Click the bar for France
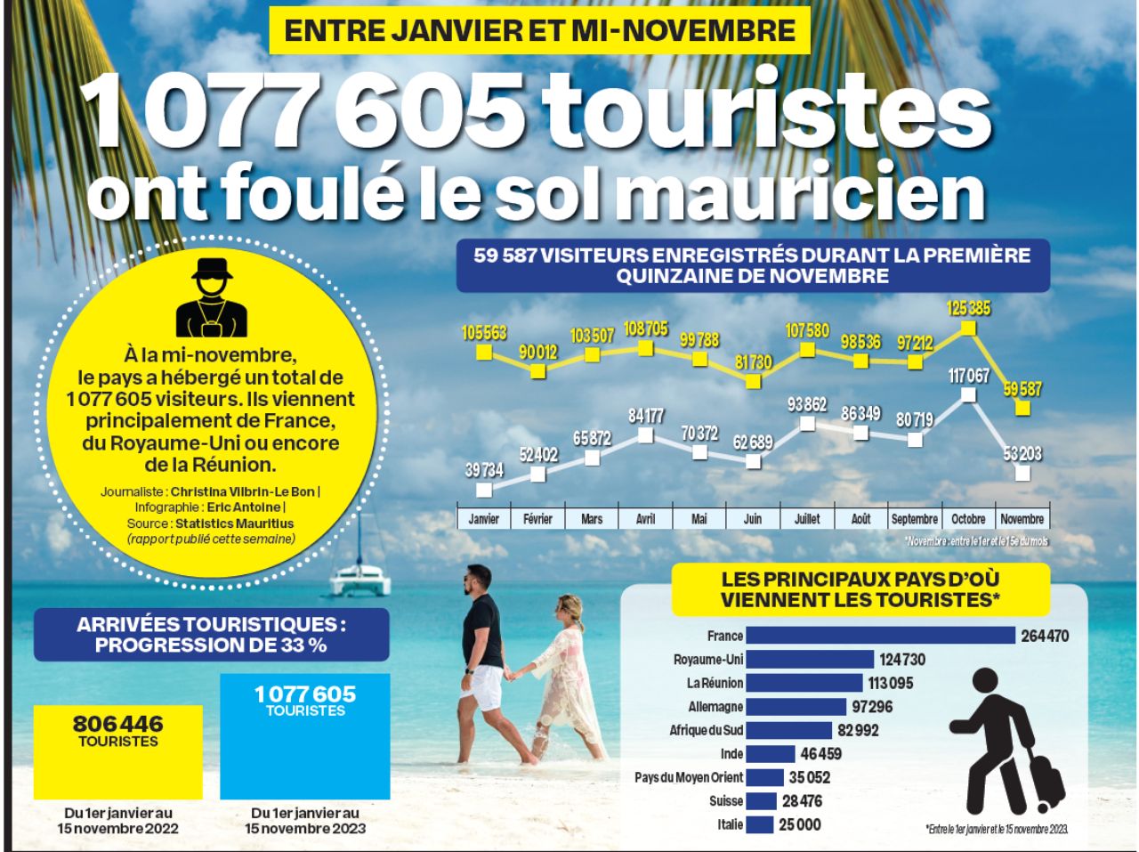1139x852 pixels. click(x=879, y=636)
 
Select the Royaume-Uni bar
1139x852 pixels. click(x=809, y=660)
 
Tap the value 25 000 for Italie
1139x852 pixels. click(x=800, y=824)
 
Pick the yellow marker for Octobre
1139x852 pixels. click(x=968, y=328)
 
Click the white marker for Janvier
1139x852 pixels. click(x=484, y=489)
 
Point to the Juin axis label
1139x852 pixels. click(x=753, y=519)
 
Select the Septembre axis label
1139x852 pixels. click(x=914, y=519)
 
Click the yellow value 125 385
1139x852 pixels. click(x=969, y=308)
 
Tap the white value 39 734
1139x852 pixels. click(x=485, y=470)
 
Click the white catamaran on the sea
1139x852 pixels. click(x=360, y=579)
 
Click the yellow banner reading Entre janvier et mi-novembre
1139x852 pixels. click(x=539, y=30)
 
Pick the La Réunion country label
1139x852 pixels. click(x=715, y=683)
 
